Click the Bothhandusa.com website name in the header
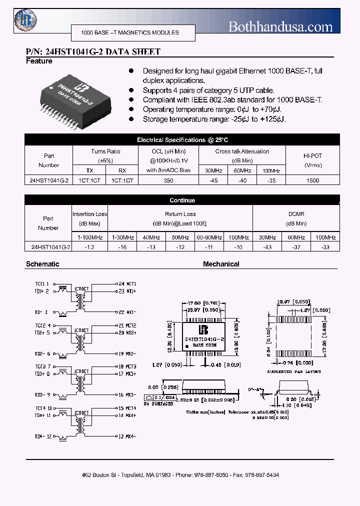[x=280, y=26]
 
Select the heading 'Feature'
[x=39, y=61]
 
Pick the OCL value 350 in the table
[x=168, y=180]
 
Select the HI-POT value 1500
[x=312, y=180]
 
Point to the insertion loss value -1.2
[x=90, y=247]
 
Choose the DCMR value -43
[x=267, y=247]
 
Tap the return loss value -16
[x=122, y=247]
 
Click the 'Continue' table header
[x=182, y=200]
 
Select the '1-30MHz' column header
[x=122, y=237]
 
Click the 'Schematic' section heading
[x=42, y=264]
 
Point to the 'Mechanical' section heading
[x=221, y=264]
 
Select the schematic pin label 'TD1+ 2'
[x=42, y=291]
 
